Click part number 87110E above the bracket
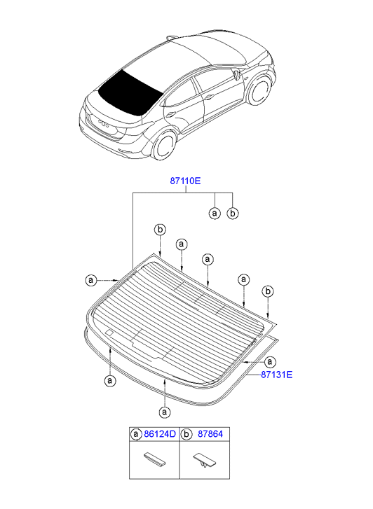coord(185,181)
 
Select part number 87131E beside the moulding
coord(277,375)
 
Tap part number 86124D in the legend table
coord(160,434)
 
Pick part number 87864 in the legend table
coord(210,434)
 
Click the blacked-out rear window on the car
coord(130,92)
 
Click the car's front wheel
coord(259,90)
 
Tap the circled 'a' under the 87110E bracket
coord(215,214)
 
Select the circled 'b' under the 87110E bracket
coord(233,214)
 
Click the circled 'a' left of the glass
coord(91,280)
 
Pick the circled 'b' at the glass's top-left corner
coord(160,230)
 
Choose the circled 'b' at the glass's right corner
coord(268,291)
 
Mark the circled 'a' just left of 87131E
coord(270,361)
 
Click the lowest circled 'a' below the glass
coord(165,412)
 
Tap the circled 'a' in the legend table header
coord(136,434)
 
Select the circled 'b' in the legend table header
coord(186,434)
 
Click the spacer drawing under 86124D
coord(154,459)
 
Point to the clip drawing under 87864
coord(205,460)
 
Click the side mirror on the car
coord(236,74)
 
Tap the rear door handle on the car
coord(170,114)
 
